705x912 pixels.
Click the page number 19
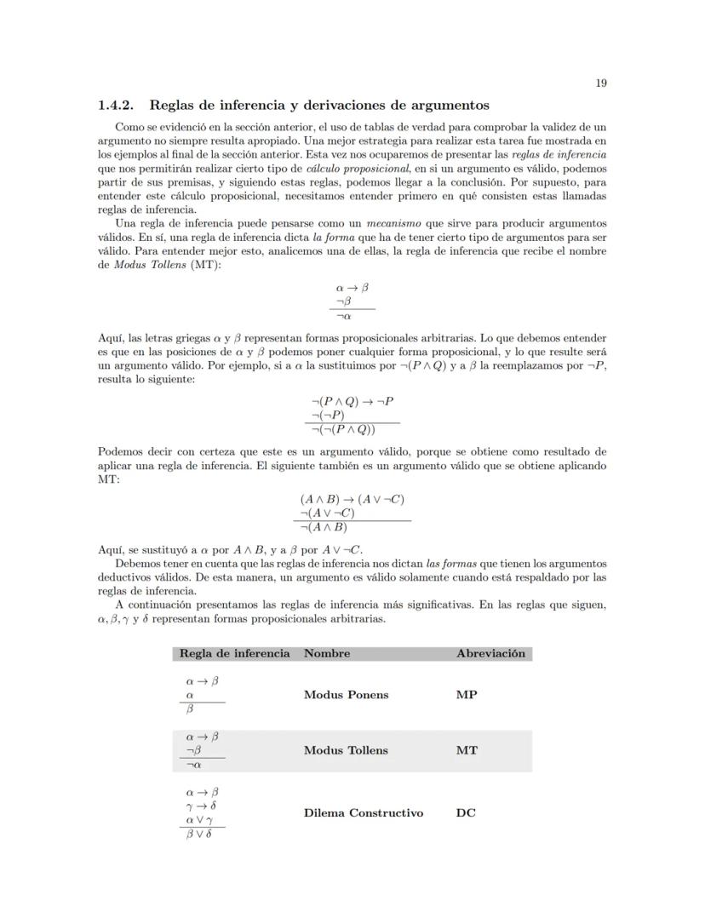[x=600, y=83]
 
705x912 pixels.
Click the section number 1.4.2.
[x=117, y=106]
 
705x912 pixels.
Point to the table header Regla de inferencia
[x=234, y=653]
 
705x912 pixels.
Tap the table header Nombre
[x=327, y=653]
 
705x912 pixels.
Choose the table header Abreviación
[x=490, y=653]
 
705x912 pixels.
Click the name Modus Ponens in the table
[x=346, y=694]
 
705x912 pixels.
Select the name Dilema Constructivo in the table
[x=363, y=812]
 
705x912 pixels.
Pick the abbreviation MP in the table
[x=467, y=694]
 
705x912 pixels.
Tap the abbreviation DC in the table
[x=466, y=812]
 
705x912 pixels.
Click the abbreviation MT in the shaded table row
[x=467, y=750]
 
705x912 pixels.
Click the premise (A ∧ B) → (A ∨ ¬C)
[x=352, y=499]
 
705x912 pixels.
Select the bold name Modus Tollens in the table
[x=346, y=750]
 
